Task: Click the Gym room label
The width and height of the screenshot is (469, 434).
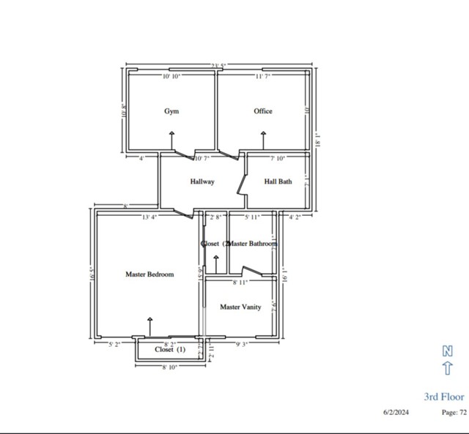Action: [x=171, y=111]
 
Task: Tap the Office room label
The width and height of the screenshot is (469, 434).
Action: [x=263, y=111]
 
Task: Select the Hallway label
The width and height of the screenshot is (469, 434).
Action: [x=202, y=182]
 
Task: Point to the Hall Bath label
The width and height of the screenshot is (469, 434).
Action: [x=278, y=182]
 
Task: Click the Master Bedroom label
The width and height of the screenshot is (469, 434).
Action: [x=149, y=274]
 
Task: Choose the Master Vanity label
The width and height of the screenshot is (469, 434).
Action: [x=240, y=307]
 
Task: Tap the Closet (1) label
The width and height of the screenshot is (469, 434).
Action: [x=170, y=350]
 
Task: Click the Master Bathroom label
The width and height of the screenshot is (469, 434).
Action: [x=254, y=243]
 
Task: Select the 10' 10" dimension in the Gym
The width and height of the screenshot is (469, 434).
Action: [x=171, y=76]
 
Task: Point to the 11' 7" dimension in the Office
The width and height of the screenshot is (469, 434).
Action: [x=264, y=76]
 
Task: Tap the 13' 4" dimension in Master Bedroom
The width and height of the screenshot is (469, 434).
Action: [x=149, y=217]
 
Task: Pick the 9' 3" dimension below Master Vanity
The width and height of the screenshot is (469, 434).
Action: [x=240, y=343]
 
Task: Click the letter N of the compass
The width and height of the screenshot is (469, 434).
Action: [x=447, y=351]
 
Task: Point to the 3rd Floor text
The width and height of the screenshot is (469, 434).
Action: [x=444, y=397]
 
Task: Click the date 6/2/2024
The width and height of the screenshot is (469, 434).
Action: [x=396, y=412]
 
